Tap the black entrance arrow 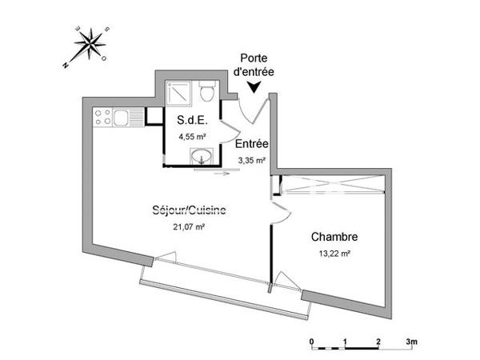click(255, 89)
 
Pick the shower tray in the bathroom click(180, 95)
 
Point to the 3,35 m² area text click(250, 160)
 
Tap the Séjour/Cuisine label click(189, 211)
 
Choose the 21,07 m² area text click(189, 226)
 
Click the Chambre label click(334, 237)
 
